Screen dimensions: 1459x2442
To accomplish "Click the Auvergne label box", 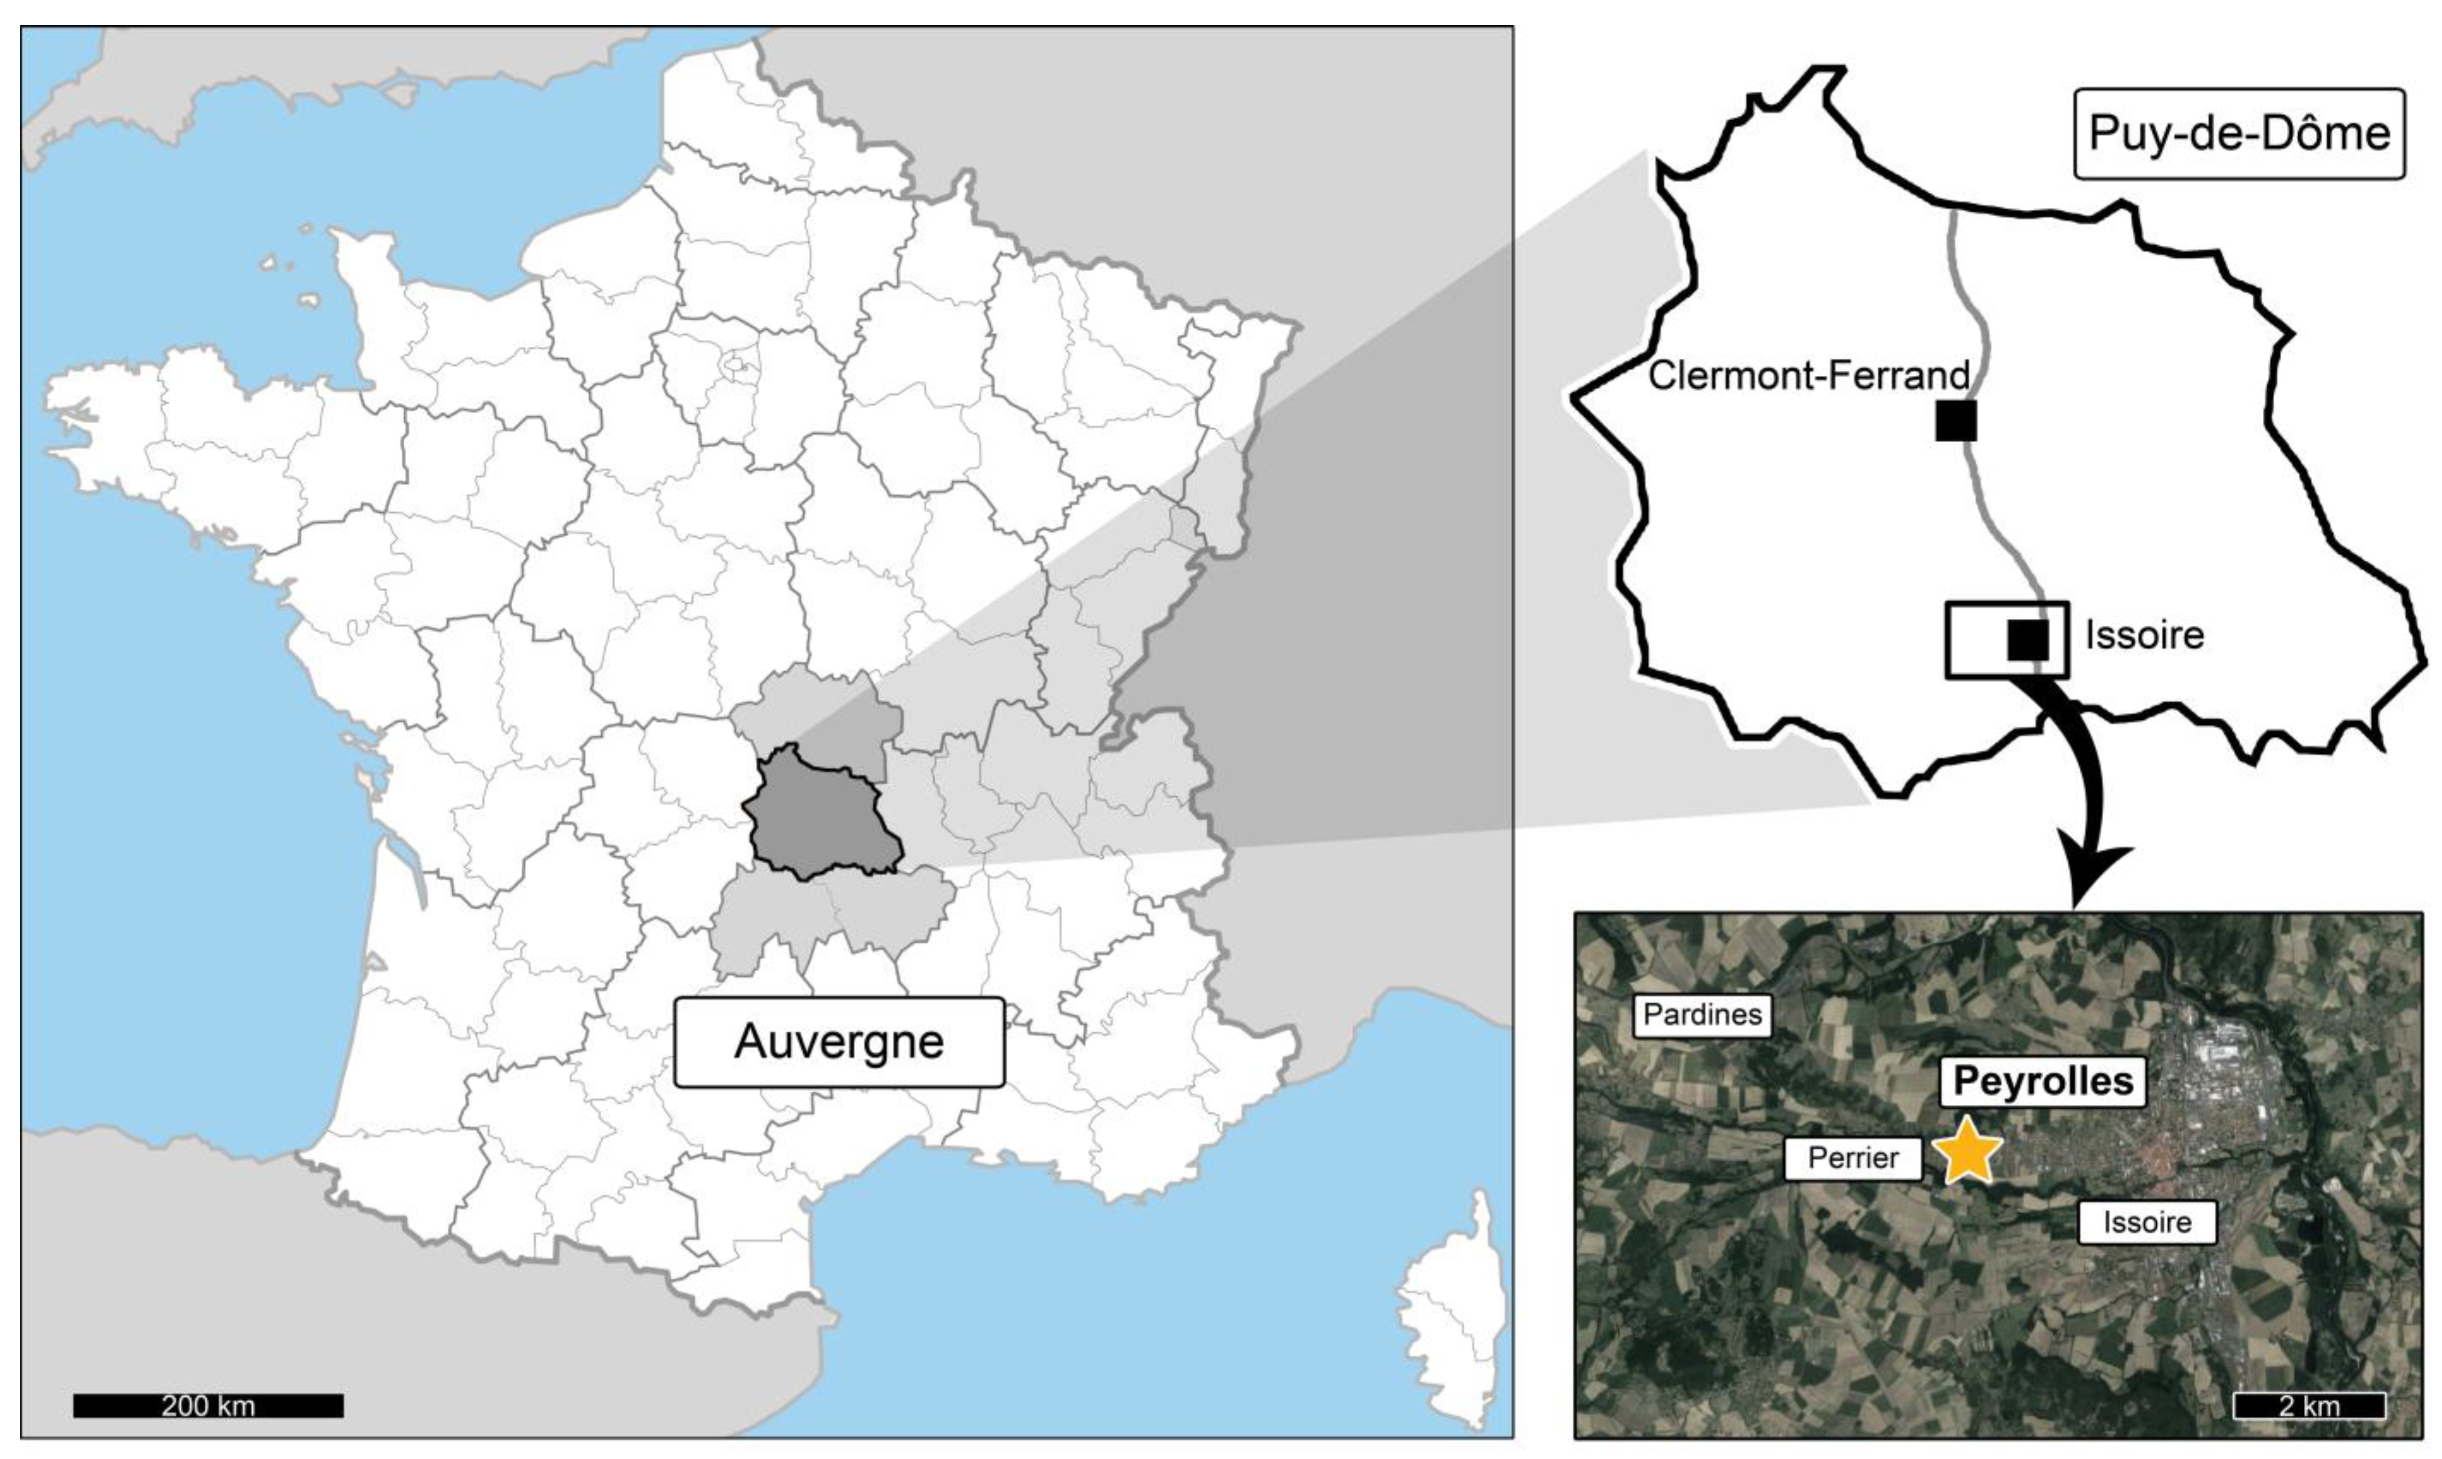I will (x=839, y=1042).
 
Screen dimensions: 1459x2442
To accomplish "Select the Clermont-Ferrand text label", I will (x=1808, y=375).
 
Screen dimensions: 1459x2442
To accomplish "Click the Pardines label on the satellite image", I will (x=1702, y=1015).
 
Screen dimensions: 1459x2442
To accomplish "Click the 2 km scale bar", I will (x=2309, y=1405).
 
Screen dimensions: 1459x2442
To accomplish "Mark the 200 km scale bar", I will (x=208, y=1405).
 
